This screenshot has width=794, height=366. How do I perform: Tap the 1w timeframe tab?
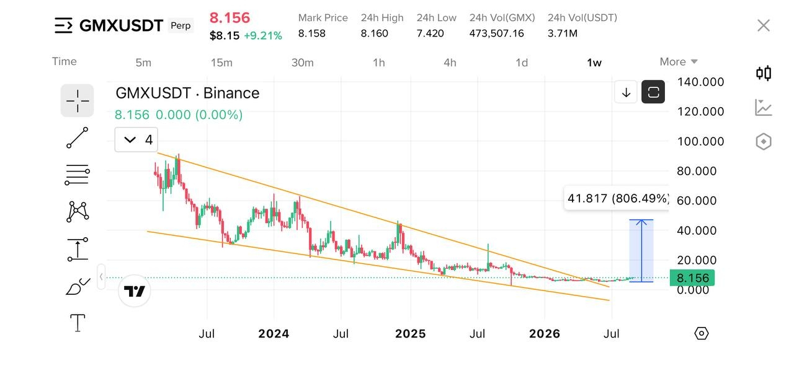tap(594, 63)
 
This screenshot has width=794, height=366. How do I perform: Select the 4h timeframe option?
tap(450, 63)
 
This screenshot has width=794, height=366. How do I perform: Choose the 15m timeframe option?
tap(221, 63)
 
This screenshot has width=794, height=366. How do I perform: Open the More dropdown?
tap(679, 61)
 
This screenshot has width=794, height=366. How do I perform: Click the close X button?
tap(764, 25)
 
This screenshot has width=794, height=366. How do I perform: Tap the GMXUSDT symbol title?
tap(121, 25)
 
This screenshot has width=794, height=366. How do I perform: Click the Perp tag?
tap(181, 25)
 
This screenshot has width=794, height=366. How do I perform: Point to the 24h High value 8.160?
tap(374, 33)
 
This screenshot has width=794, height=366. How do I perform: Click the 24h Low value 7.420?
tap(430, 33)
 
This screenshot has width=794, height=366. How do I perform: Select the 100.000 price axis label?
tap(700, 142)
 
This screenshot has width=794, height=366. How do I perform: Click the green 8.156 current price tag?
tap(692, 278)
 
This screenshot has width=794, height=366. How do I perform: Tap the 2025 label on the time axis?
tap(411, 334)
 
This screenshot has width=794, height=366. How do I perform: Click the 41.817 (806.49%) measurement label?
tap(617, 198)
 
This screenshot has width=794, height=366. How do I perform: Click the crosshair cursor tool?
tap(78, 101)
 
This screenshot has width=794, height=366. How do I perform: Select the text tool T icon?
tap(78, 323)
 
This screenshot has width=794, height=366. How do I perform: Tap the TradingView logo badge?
tap(135, 291)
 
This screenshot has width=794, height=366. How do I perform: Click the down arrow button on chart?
tap(626, 92)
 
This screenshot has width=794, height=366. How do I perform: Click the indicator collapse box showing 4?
tap(136, 140)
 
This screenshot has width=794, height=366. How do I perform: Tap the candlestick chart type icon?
tap(764, 73)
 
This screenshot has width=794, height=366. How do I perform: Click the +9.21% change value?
tap(263, 36)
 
